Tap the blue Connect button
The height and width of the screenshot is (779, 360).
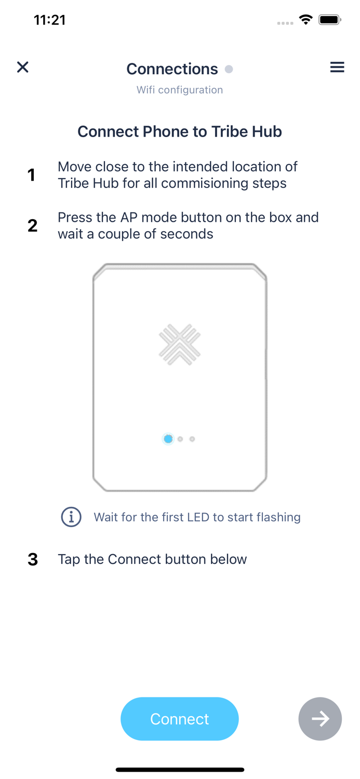click(x=179, y=719)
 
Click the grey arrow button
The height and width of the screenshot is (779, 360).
click(x=320, y=719)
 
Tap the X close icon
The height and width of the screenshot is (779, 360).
click(x=23, y=67)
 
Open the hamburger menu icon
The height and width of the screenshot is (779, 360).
click(x=337, y=67)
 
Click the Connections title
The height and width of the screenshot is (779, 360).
click(x=172, y=69)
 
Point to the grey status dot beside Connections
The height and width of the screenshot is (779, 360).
click(x=229, y=69)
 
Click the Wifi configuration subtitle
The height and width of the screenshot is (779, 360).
click(x=180, y=90)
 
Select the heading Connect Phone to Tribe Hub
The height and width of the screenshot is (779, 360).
click(x=180, y=131)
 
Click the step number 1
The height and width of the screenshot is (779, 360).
click(x=32, y=175)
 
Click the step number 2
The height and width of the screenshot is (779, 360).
click(x=32, y=225)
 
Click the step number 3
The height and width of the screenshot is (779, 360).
click(x=33, y=559)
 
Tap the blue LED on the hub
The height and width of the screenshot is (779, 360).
click(x=168, y=439)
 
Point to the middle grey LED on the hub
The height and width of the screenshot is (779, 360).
click(x=180, y=439)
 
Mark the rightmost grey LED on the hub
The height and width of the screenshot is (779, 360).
click(x=192, y=439)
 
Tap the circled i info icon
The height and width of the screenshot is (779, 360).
click(x=71, y=517)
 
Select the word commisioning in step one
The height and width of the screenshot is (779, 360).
click(x=205, y=183)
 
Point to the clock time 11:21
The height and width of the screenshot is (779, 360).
click(x=50, y=20)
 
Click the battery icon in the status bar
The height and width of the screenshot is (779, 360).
click(x=329, y=20)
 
